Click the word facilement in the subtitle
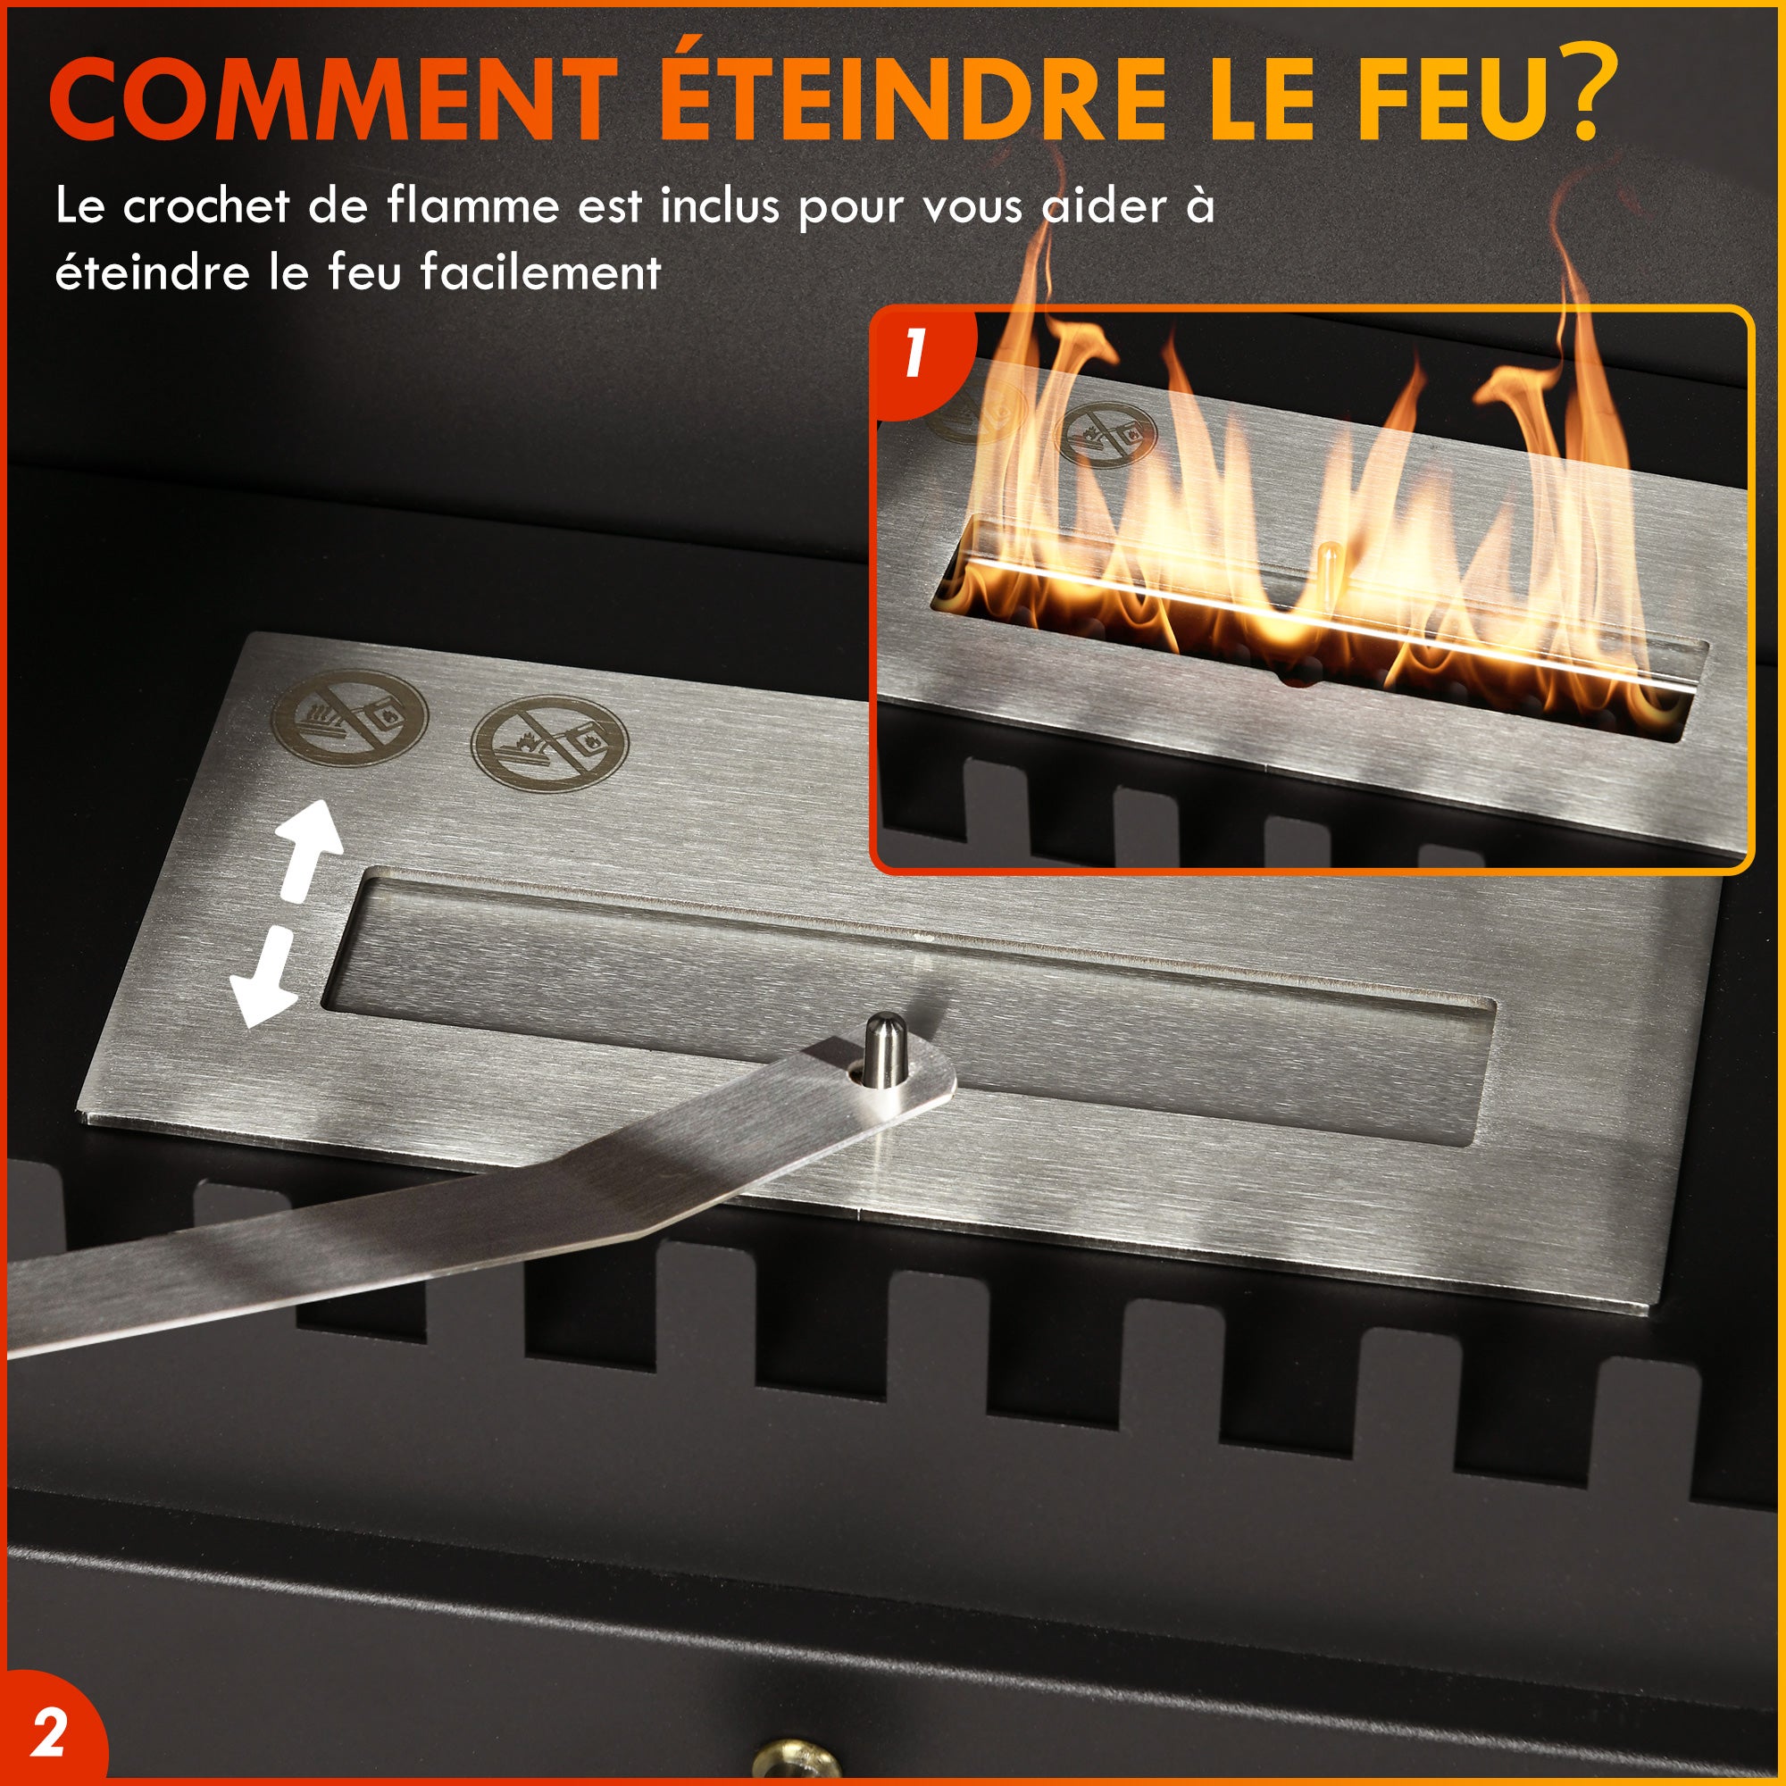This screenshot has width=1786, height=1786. point(541,271)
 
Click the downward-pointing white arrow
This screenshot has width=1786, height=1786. point(266,980)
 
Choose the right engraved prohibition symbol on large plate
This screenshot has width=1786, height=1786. point(549,743)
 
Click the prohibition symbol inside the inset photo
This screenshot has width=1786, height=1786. point(1106,430)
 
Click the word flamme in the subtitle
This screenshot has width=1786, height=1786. point(472,205)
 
